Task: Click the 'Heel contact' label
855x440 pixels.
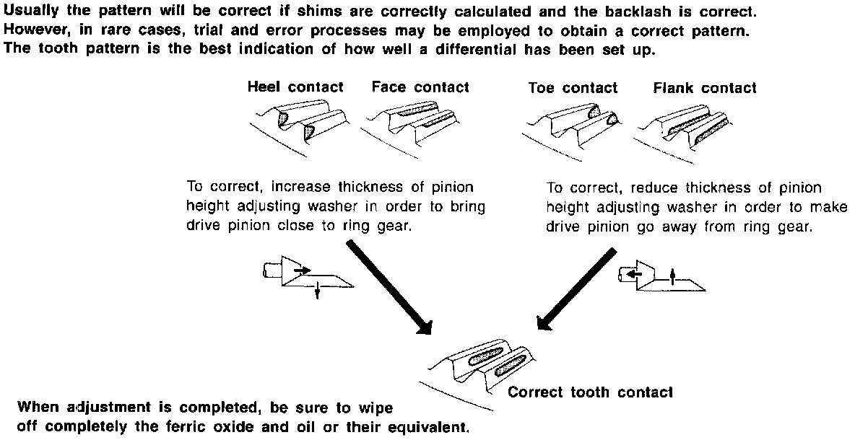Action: [x=295, y=87]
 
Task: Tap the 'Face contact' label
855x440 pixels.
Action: [x=420, y=87]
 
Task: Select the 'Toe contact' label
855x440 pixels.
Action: [x=573, y=88]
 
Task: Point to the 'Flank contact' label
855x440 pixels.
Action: [x=704, y=88]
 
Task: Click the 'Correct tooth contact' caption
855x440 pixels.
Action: [x=590, y=392]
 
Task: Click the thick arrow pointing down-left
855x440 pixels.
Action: [x=576, y=288]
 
